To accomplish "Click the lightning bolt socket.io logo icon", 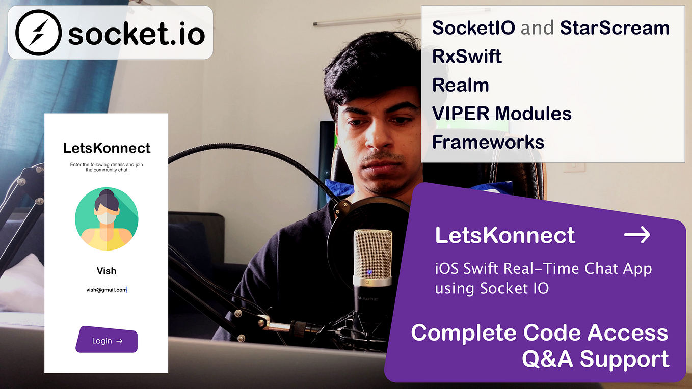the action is (x=38, y=33).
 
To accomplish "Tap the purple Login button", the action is (x=107, y=339).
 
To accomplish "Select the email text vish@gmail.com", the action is (x=107, y=290).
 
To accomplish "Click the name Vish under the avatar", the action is (x=107, y=271).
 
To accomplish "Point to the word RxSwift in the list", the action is (x=467, y=57).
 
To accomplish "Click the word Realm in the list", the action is (x=460, y=85).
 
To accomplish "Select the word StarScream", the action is (x=615, y=28).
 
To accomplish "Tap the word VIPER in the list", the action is (x=461, y=114).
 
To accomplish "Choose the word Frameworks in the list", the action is (x=488, y=142).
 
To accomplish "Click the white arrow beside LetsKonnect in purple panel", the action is (x=637, y=235).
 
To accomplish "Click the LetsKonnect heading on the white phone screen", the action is (x=107, y=148).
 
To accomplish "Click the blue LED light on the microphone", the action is (x=369, y=272).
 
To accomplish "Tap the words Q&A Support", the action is (x=596, y=359).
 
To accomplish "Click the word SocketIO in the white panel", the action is (x=473, y=28).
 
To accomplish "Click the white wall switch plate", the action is (x=574, y=167).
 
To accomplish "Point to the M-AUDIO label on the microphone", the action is (x=367, y=298).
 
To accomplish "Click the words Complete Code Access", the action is (x=540, y=333).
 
